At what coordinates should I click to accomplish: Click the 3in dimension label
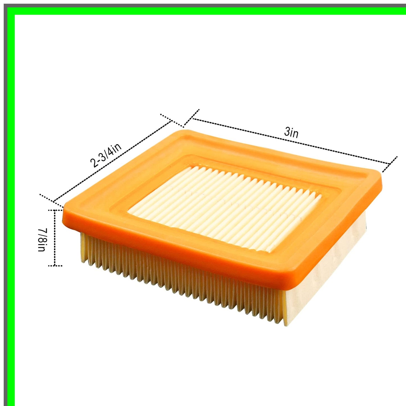(x=291, y=132)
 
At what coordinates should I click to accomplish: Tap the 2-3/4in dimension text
(x=106, y=155)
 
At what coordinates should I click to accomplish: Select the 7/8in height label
(x=43, y=240)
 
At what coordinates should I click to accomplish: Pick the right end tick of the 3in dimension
(x=390, y=164)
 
